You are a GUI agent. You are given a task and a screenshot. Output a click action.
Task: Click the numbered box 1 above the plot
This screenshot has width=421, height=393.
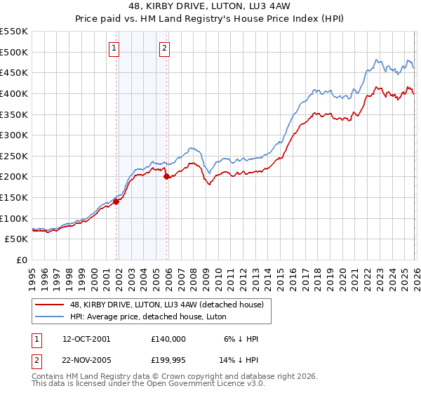click(114, 48)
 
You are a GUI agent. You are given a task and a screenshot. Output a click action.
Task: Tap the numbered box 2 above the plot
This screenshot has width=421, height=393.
click(163, 48)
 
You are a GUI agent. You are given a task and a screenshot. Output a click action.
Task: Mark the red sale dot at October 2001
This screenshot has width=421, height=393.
click(116, 201)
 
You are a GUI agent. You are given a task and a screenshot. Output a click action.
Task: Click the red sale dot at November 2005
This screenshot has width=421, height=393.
click(167, 177)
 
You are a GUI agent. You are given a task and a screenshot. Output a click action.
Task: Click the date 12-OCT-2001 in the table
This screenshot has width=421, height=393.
click(87, 338)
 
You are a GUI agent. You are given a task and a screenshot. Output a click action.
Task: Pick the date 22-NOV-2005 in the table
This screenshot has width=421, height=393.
click(87, 360)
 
